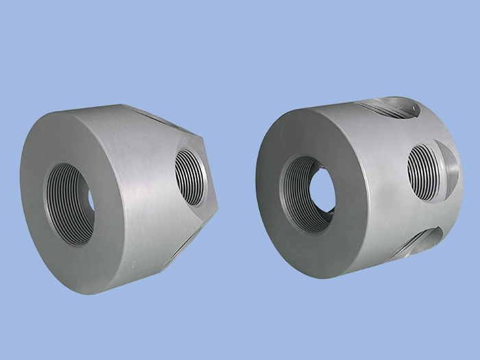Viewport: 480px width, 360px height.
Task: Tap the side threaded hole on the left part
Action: click(190, 178)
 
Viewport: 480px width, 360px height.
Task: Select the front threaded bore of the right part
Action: click(308, 194)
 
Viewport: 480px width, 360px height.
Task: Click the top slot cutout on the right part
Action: click(387, 108)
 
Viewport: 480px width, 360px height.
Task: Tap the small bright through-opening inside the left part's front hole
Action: click(91, 200)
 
